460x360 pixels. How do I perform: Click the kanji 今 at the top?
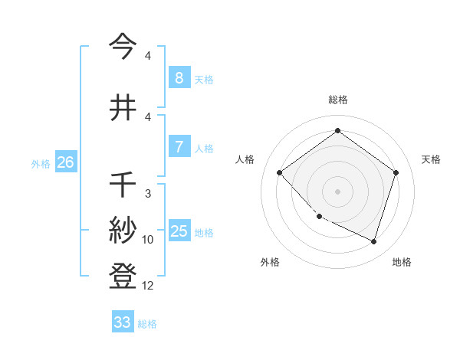123,47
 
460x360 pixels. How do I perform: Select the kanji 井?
123,107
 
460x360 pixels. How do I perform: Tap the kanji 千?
123,185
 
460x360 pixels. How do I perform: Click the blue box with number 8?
179,78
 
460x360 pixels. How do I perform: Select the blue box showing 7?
179,147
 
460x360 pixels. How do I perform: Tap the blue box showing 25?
179,231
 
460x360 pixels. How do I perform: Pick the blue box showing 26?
65,162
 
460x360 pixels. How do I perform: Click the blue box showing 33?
122,322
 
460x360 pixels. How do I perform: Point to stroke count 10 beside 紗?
148,240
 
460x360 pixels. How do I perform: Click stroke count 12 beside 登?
148,286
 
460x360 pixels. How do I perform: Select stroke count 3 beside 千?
148,194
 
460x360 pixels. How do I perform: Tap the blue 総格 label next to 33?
147,324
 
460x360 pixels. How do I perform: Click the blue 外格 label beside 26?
41,164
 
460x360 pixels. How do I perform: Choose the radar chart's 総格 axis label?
337,100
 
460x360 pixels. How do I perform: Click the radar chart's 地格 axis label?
402,262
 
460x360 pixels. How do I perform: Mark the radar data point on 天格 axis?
396,172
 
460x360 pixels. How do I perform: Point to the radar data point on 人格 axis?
280,172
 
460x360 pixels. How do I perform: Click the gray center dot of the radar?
337,191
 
